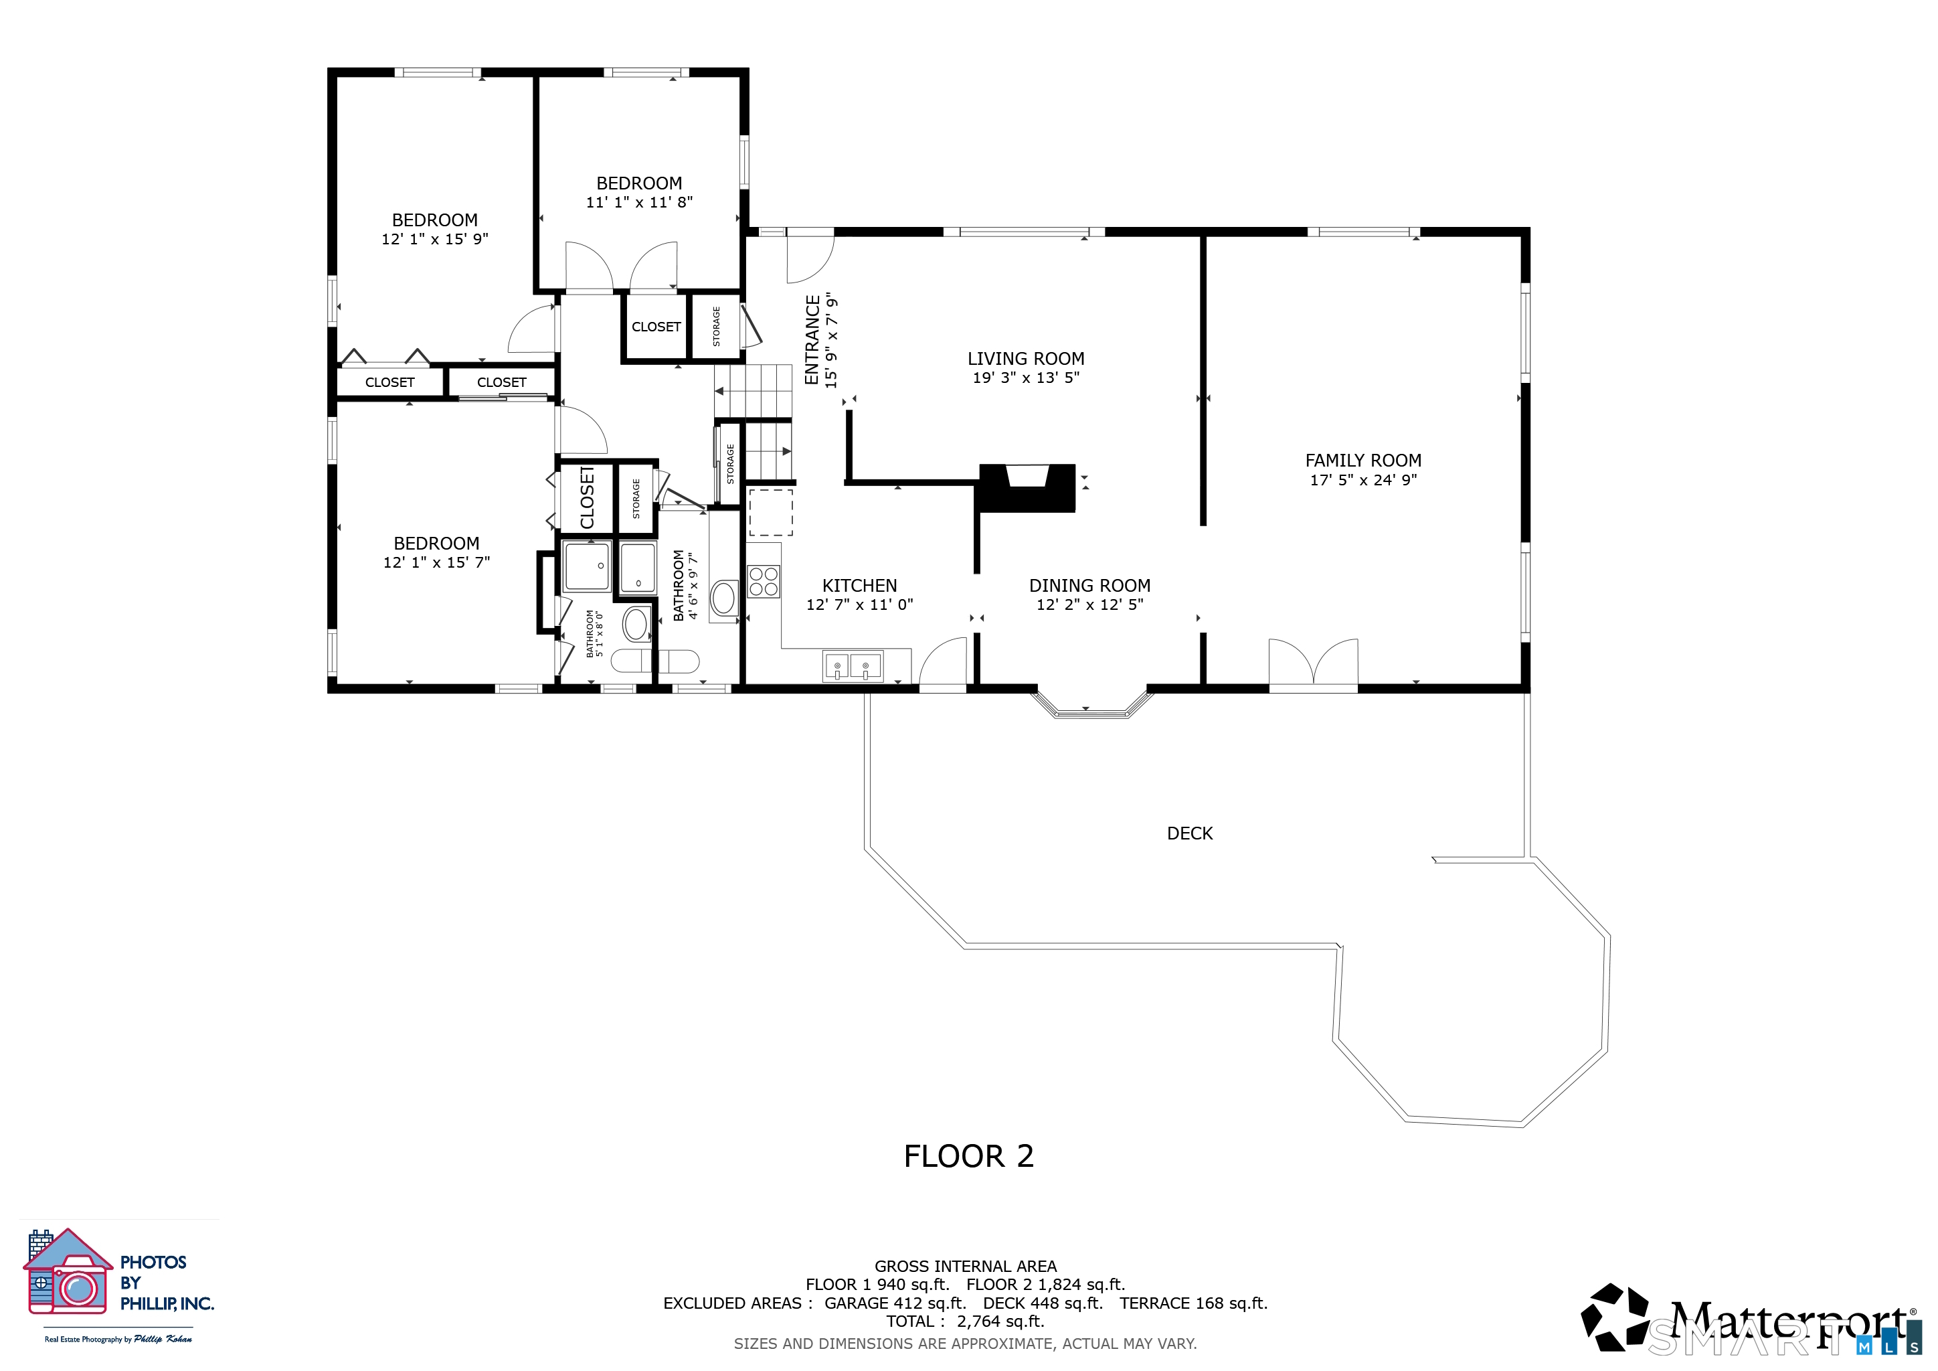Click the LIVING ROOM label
[1026, 359]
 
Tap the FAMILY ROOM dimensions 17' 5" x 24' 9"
[1363, 479]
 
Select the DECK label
[1189, 833]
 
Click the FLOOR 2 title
[968, 1155]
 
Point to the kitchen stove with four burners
[764, 582]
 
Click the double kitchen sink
[853, 666]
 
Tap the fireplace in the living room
[1027, 487]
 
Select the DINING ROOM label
[1089, 586]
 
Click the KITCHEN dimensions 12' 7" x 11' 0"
[859, 604]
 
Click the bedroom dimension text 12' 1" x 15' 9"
[435, 239]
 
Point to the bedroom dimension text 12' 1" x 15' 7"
[436, 562]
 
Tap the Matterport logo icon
[1615, 1316]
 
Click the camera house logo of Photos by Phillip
[68, 1271]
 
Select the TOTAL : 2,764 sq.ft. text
[965, 1321]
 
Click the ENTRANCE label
[812, 340]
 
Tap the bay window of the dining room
[1092, 706]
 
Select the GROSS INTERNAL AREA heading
[965, 1267]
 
